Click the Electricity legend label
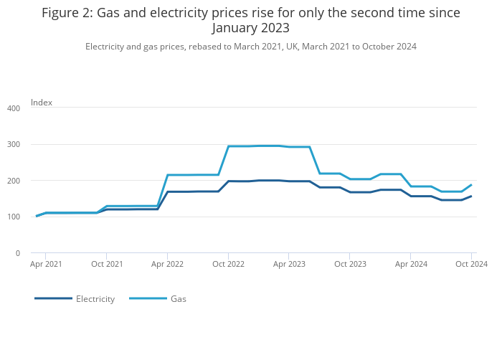pos(95,299)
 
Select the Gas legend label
pos(178,299)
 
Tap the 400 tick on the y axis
pos(14,108)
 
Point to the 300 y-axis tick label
pos(14,144)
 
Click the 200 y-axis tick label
pos(14,181)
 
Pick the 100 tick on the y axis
pos(14,217)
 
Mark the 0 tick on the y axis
pos(17,253)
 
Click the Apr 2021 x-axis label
pos(46,265)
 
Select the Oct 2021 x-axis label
pos(107,265)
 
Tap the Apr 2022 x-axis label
pos(167,265)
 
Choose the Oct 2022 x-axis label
pos(228,265)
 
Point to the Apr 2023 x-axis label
pos(289,265)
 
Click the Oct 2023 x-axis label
pos(350,265)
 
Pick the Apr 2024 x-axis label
pos(411,265)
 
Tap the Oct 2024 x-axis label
pos(471,265)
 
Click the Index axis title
pos(42,103)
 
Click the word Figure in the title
pos(62,13)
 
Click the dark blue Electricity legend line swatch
pos(53,298)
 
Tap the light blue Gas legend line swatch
pos(148,298)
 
